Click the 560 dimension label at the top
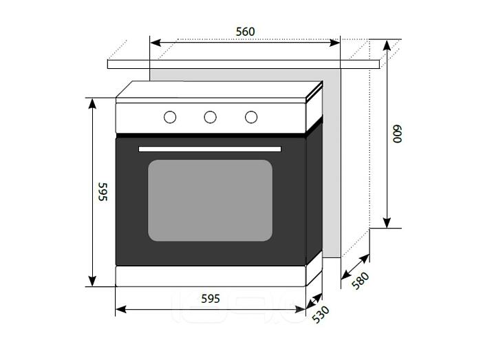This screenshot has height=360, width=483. tap(245, 32)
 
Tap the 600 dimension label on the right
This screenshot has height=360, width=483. tap(397, 134)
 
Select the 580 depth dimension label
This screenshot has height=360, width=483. tap(360, 280)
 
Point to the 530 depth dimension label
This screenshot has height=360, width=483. tap(321, 315)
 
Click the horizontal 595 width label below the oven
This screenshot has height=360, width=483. tap(211, 298)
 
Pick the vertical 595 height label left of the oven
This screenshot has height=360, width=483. tap(103, 191)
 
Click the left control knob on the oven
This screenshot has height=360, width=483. tap(170, 117)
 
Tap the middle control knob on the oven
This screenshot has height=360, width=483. tap(210, 117)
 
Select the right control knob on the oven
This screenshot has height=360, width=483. tap(251, 117)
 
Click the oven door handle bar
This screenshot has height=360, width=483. tap(210, 149)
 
